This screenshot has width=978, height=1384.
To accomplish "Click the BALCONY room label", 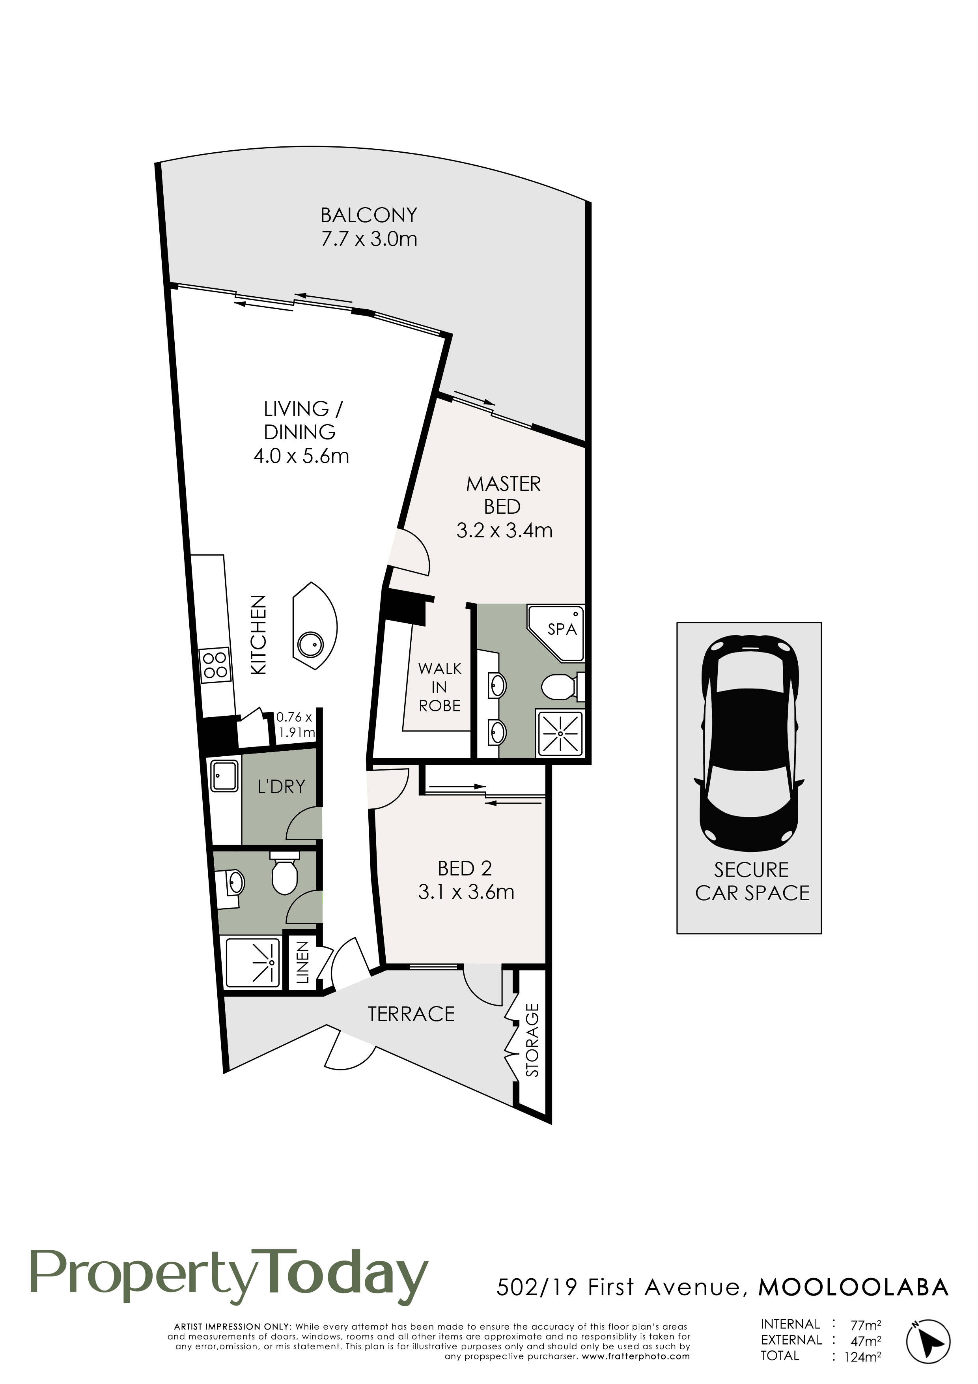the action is [x=369, y=215].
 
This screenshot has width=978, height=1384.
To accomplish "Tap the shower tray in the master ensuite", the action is [x=560, y=733].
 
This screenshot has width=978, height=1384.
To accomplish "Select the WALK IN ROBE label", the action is [x=440, y=687].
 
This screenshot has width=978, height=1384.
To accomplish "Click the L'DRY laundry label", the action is [x=281, y=787].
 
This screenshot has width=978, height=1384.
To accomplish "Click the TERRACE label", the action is [x=412, y=1014].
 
